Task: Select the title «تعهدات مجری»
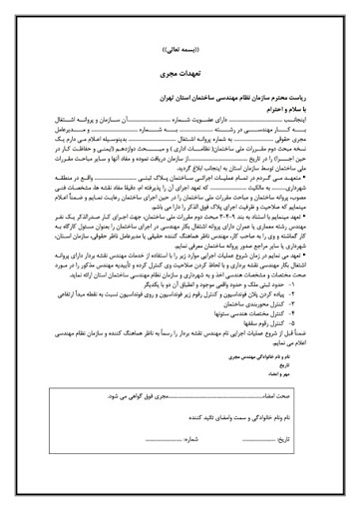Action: tap(180, 74)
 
